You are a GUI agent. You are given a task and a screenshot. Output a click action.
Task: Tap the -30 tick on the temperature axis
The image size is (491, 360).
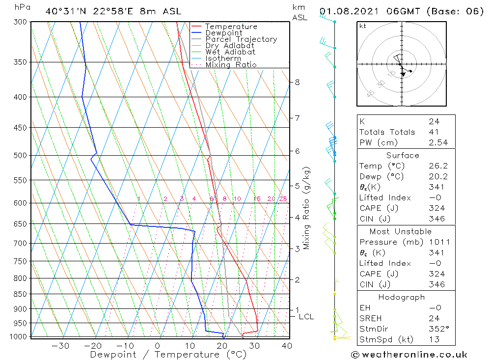[x=60, y=346]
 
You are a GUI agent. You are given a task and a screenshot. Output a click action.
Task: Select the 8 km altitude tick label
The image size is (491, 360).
[x=297, y=82]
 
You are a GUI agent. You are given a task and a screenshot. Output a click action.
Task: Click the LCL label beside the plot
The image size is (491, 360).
[x=306, y=317]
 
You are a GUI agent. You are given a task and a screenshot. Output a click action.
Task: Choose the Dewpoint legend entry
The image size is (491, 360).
[x=224, y=33]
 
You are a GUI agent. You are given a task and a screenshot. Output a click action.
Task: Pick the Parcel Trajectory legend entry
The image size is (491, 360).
[x=241, y=39]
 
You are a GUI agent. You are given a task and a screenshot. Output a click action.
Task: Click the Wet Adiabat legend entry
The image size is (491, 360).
[x=230, y=52]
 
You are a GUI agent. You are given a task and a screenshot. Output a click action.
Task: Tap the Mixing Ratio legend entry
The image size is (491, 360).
[x=231, y=65]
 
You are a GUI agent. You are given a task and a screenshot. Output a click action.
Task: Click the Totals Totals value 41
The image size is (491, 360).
[x=434, y=132]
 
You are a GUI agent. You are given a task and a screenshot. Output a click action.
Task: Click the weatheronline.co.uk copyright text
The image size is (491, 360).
[x=409, y=355]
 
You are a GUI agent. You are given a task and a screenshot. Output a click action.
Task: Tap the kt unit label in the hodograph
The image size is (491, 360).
[x=362, y=26]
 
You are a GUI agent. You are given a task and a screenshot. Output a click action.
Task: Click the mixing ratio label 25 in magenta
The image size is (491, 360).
[x=283, y=199]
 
